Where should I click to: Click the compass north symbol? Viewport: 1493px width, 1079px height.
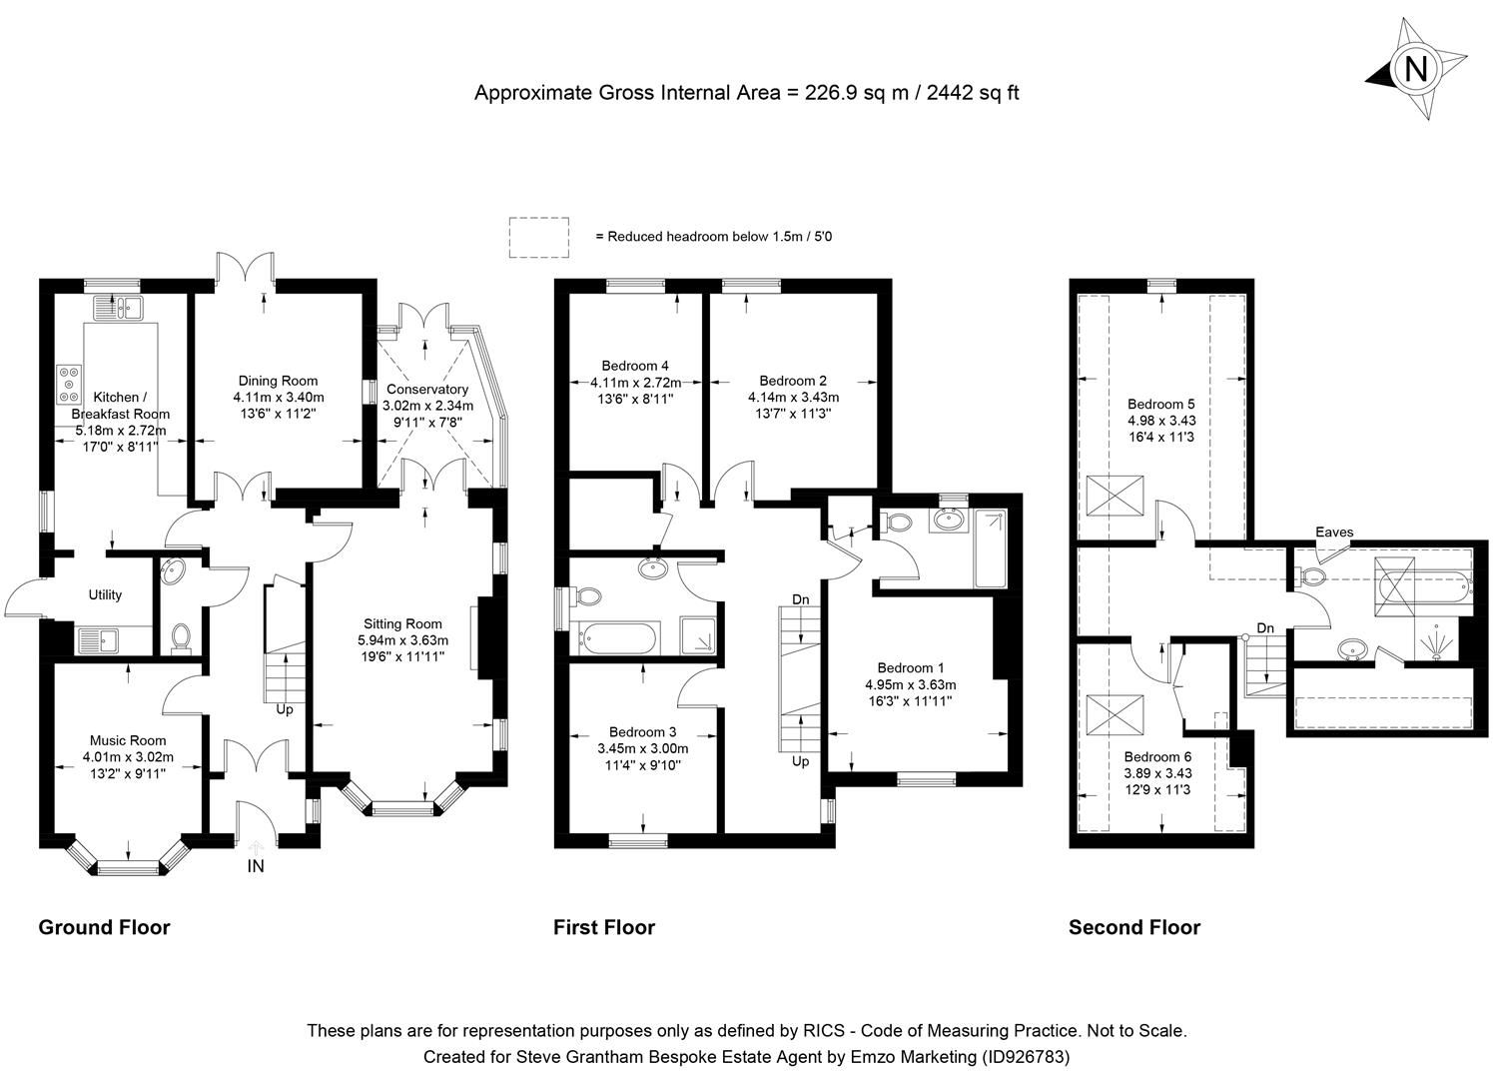pos(1415,69)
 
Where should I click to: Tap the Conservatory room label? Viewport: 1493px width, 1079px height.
pos(426,389)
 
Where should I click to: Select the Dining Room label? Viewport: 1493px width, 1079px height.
pos(278,380)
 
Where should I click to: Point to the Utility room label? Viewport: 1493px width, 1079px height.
pos(105,594)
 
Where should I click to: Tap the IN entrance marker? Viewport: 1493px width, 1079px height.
pos(256,866)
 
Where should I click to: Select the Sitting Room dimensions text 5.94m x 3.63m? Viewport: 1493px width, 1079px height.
pos(403,640)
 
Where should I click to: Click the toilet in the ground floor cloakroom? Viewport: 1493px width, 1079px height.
pos(181,637)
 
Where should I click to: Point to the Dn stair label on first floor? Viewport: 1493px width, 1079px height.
pos(801,598)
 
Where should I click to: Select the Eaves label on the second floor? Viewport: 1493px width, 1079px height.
pos(1334,532)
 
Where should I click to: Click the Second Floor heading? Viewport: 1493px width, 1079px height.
pos(1133,927)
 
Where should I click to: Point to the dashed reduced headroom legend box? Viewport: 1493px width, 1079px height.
pos(538,237)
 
